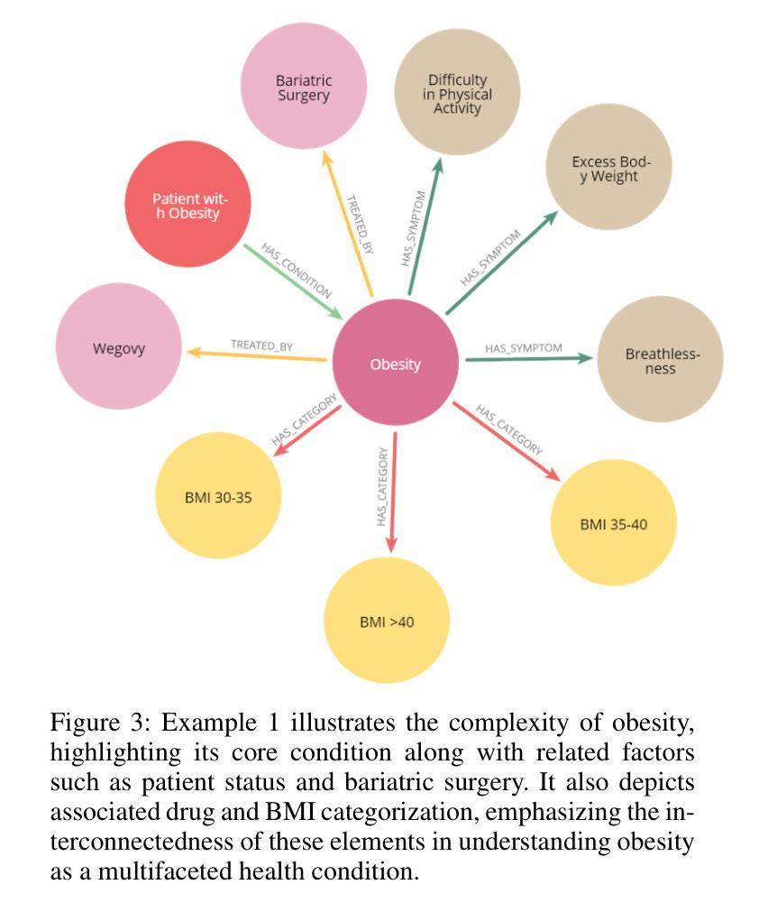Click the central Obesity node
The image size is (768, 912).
(x=395, y=364)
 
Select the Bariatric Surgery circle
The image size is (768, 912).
(x=304, y=87)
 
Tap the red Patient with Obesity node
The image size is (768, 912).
(x=187, y=205)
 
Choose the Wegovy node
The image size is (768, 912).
(x=118, y=347)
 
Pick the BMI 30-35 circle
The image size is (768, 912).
(x=218, y=496)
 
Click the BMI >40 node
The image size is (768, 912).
(x=387, y=621)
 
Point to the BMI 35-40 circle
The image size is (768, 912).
(x=613, y=523)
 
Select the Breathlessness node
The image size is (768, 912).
(x=661, y=360)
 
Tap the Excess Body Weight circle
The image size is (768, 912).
(x=609, y=169)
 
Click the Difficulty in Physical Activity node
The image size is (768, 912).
(x=458, y=93)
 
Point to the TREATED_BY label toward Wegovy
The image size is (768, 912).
(x=261, y=345)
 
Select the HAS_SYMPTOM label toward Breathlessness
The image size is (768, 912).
(x=523, y=348)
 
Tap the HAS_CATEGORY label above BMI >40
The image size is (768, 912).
(x=382, y=487)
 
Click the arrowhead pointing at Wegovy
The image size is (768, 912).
(x=191, y=352)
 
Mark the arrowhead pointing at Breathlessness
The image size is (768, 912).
(x=586, y=358)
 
